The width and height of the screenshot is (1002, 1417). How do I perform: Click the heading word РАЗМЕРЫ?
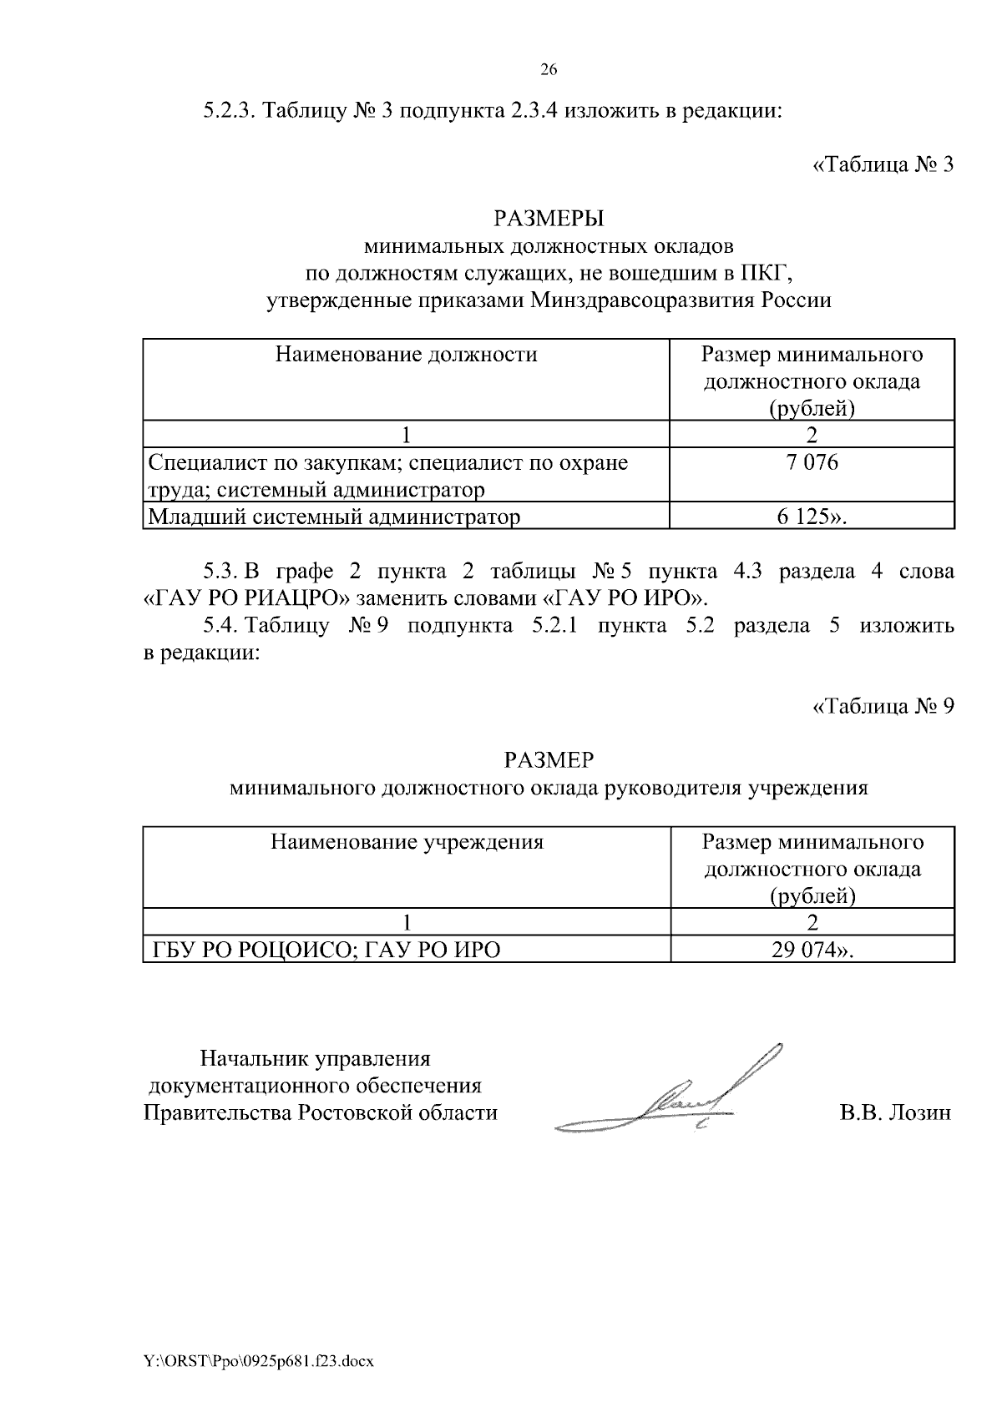click(549, 219)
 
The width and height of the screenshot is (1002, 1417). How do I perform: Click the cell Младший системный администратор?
click(334, 517)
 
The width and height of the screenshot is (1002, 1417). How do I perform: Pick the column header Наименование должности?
click(406, 356)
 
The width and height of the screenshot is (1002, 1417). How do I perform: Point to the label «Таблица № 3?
click(883, 164)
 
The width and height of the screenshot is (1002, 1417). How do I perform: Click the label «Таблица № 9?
click(883, 707)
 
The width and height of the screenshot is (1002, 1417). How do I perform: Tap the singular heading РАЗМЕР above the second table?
click(549, 760)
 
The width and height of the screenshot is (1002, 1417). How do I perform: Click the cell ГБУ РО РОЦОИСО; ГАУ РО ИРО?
click(326, 950)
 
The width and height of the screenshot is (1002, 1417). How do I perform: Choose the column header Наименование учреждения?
click(406, 842)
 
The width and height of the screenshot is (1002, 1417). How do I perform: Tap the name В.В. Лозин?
click(895, 1113)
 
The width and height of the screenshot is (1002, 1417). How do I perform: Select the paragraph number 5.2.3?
click(230, 111)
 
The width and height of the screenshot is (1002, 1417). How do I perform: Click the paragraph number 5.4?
click(220, 626)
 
